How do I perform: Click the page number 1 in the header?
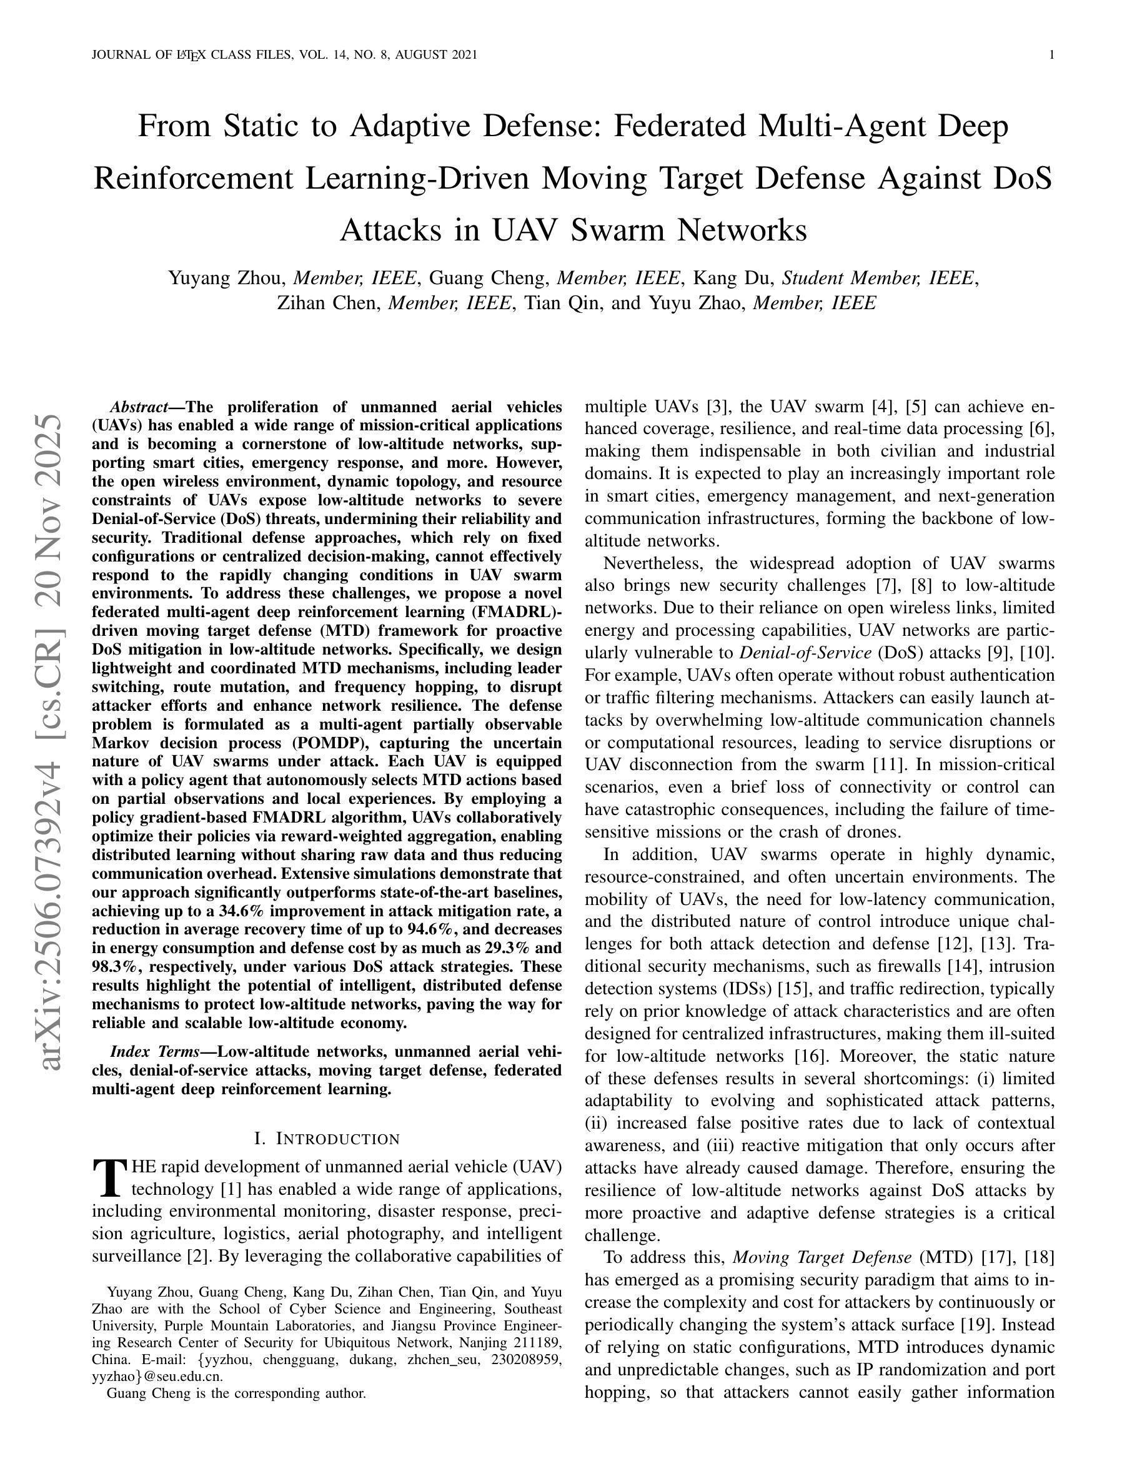(1052, 55)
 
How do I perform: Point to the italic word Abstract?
(139, 407)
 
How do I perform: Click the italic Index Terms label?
(154, 1052)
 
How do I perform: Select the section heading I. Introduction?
(326, 1139)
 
